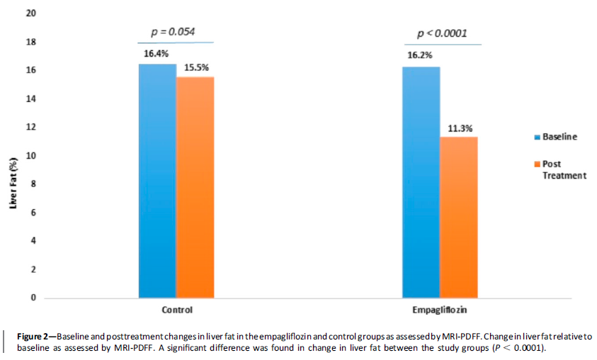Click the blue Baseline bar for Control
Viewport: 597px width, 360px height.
pyautogui.click(x=157, y=181)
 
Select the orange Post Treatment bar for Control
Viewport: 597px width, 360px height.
pyautogui.click(x=195, y=187)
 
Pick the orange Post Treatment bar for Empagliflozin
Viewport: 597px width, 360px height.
pyautogui.click(x=459, y=217)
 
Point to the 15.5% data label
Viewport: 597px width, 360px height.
pyautogui.click(x=195, y=67)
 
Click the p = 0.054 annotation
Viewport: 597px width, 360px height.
pyautogui.click(x=174, y=32)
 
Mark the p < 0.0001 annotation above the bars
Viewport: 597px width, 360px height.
pyautogui.click(x=442, y=33)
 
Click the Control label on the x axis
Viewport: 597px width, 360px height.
pyautogui.click(x=177, y=310)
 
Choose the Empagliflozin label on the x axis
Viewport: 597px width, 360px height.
pyautogui.click(x=439, y=310)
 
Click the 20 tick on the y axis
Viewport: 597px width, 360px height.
pyautogui.click(x=31, y=14)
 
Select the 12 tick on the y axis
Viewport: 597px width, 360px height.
pyautogui.click(x=31, y=128)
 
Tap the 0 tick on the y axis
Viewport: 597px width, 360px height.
pyautogui.click(x=33, y=298)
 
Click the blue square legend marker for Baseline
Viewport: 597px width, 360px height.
pyautogui.click(x=536, y=137)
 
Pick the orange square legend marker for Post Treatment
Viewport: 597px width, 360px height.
pyautogui.click(x=536, y=164)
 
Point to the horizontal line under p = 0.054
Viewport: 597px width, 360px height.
pyautogui.click(x=174, y=43)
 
